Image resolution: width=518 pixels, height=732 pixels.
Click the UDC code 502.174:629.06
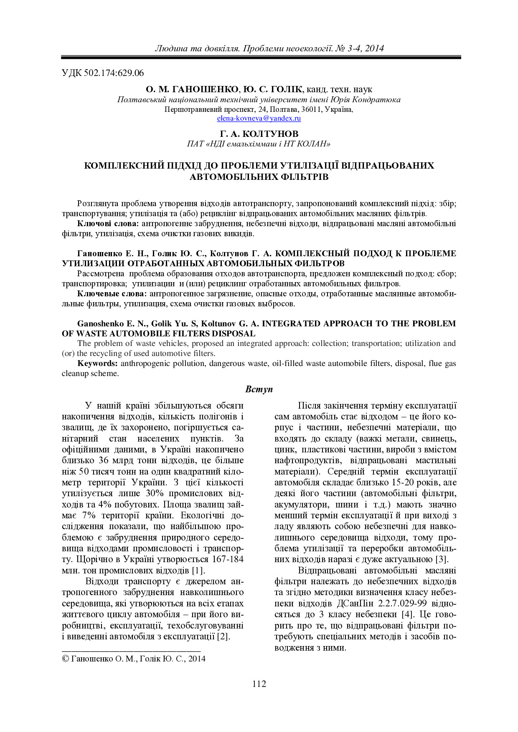tap(114, 73)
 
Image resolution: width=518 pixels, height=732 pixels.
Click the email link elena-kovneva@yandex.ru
tap(259, 119)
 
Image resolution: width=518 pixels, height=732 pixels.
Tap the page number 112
tap(259, 684)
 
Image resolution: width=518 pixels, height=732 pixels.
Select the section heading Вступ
tap(259, 389)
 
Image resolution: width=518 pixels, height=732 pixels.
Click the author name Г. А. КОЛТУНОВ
tap(259, 134)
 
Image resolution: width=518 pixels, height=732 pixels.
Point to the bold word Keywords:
tap(98, 363)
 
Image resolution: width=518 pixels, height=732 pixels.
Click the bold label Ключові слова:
tap(108, 224)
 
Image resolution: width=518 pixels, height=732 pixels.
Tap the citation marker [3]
tap(442, 559)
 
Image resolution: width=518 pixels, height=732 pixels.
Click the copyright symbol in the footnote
tap(66, 659)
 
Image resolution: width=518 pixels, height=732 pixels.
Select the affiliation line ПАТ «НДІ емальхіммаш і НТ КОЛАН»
tap(259, 144)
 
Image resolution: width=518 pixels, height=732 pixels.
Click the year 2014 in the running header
tap(374, 48)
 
